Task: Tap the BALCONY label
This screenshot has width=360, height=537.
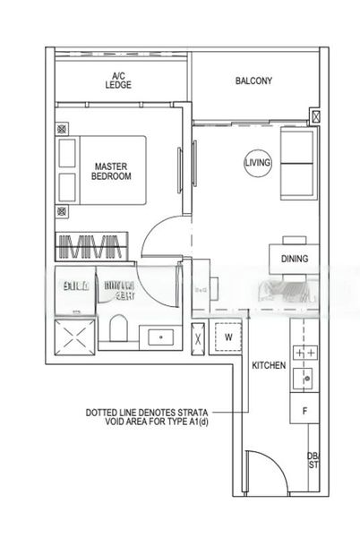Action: pyautogui.click(x=253, y=81)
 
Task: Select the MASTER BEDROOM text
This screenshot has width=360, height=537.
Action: pyautogui.click(x=111, y=171)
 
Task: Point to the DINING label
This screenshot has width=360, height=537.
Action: pyautogui.click(x=294, y=260)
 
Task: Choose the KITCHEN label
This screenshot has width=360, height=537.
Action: pyautogui.click(x=268, y=366)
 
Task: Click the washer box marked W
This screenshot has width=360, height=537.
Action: pyautogui.click(x=229, y=338)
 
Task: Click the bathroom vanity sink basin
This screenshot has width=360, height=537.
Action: pyautogui.click(x=161, y=337)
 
